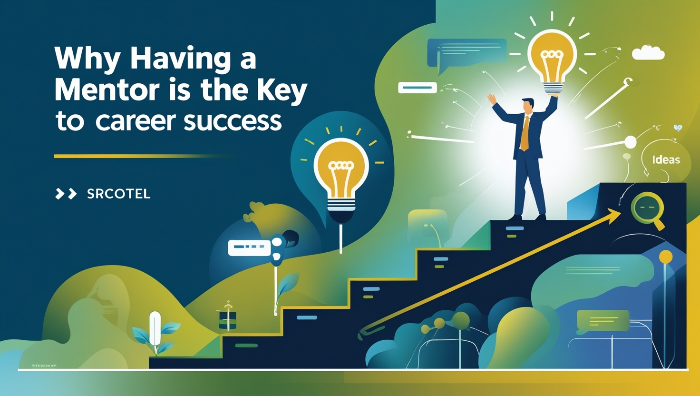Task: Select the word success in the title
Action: [232, 121]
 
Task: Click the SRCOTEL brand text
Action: [119, 194]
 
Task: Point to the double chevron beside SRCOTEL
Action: [66, 194]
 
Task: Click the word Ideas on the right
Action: [666, 159]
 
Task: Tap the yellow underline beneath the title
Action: [143, 156]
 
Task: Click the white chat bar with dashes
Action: [249, 247]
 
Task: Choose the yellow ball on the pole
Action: [666, 257]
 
